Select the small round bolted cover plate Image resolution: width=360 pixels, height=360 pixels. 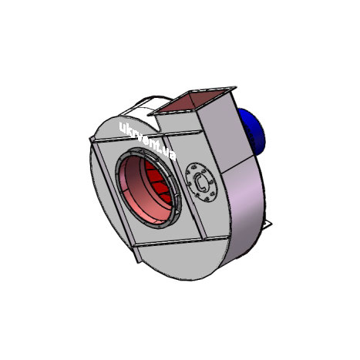pyautogui.click(x=202, y=183)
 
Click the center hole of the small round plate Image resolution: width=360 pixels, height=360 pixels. pyautogui.click(x=202, y=183)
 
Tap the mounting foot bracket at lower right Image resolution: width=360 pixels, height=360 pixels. pyautogui.click(x=267, y=224)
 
